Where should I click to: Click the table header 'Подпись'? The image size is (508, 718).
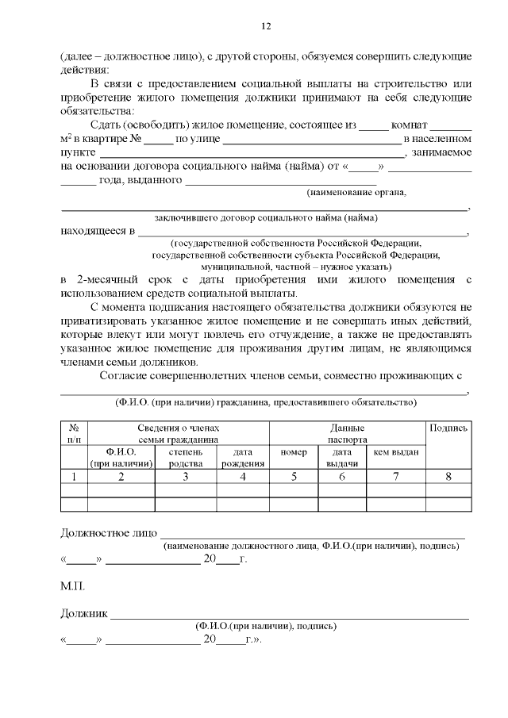(x=448, y=428)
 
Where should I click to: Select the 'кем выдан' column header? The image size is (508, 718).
(x=396, y=452)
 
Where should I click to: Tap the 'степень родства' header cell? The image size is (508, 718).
(x=185, y=457)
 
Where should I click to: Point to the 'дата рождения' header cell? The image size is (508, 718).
(x=243, y=457)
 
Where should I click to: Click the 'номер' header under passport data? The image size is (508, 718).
(x=294, y=452)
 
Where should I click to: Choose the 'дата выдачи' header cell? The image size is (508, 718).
(x=342, y=457)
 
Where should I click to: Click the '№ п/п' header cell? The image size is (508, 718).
(x=74, y=433)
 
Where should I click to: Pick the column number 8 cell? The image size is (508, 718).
(x=448, y=477)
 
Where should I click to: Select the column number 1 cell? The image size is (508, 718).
(x=74, y=477)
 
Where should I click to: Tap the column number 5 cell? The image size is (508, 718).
(x=294, y=477)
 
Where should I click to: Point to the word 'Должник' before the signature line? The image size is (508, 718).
(x=84, y=612)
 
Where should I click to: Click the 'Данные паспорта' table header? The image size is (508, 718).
(x=347, y=433)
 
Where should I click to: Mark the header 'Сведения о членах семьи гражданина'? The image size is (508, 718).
(x=178, y=433)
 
